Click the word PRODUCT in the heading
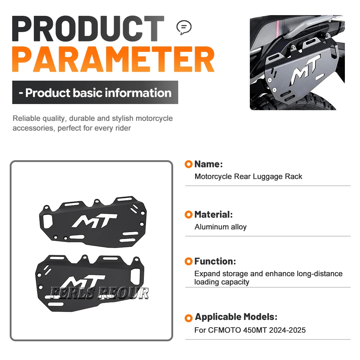click(x=88, y=29)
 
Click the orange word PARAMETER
click(x=113, y=59)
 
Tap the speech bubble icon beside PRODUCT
click(x=184, y=28)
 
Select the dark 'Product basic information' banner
click(x=95, y=92)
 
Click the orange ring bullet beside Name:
click(x=189, y=164)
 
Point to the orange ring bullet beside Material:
click(x=189, y=215)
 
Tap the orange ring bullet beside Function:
click(x=189, y=261)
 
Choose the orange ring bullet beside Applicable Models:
click(x=189, y=318)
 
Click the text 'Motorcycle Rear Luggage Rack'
click(x=248, y=176)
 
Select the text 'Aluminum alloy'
click(x=220, y=227)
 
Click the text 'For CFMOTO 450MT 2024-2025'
click(x=250, y=330)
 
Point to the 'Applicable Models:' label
click(x=236, y=317)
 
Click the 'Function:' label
click(x=215, y=261)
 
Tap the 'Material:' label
click(x=213, y=215)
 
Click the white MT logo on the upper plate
click(x=95, y=221)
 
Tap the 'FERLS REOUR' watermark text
click(x=99, y=293)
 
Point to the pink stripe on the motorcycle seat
click(x=279, y=28)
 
